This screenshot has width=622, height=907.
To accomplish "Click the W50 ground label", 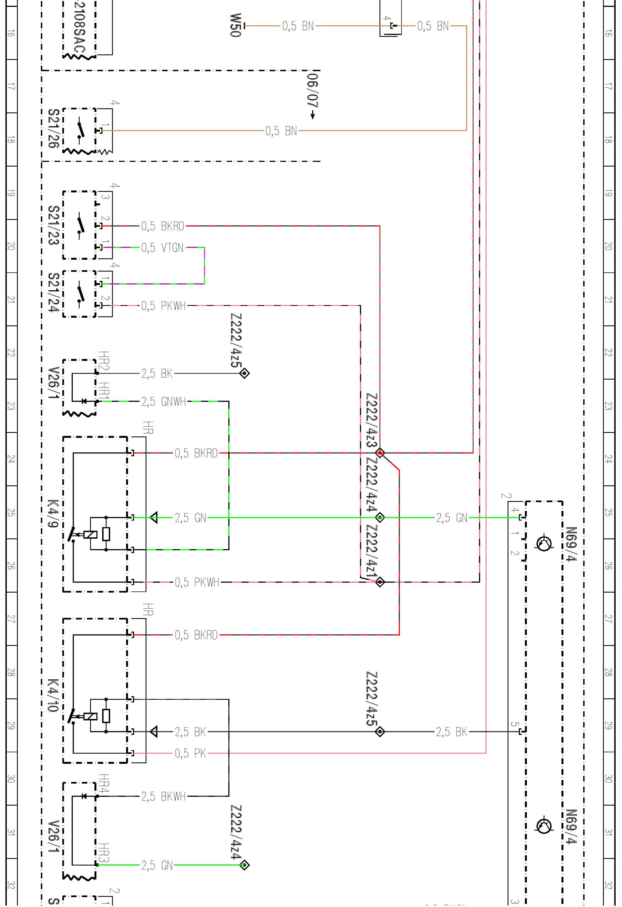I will click(x=235, y=25).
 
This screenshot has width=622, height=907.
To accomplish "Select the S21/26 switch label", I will click(x=53, y=128).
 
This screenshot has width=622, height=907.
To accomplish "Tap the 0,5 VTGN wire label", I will click(x=162, y=247).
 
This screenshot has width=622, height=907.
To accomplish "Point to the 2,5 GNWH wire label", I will click(x=163, y=401).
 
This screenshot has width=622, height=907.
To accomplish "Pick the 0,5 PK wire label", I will click(x=190, y=753).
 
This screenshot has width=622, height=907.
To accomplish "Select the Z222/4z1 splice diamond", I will click(x=380, y=582).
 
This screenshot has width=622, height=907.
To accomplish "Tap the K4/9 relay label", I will click(x=53, y=513).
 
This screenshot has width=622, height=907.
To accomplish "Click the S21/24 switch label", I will click(x=53, y=293).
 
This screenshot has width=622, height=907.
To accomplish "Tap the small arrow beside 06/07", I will click(x=313, y=115).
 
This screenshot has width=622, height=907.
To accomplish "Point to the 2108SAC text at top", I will click(x=79, y=27).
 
